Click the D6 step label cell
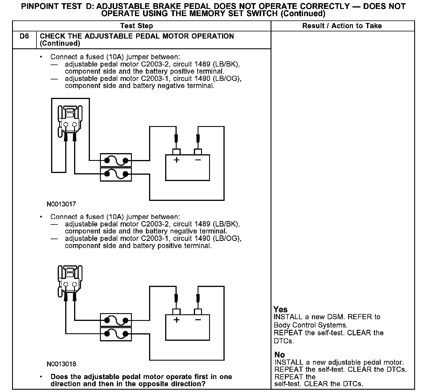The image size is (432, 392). pos(24,37)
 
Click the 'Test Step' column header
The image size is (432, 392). pos(136,26)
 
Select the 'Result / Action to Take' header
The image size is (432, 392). pos(342,26)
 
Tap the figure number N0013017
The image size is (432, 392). pos(61,204)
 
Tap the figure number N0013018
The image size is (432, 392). pos(61,364)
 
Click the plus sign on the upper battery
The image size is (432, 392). pos(177,160)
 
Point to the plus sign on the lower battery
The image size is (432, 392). pos(177,320)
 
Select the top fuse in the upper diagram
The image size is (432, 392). pos(116,160)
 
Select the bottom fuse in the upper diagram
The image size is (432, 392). pos(116,174)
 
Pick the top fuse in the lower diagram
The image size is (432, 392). pos(116,320)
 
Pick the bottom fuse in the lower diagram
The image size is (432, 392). pos(116,334)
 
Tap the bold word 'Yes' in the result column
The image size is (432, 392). pos(281,309)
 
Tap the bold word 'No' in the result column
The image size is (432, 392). pos(279,355)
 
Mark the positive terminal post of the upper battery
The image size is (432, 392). pos(176,152)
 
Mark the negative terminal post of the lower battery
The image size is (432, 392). pos(198,312)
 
